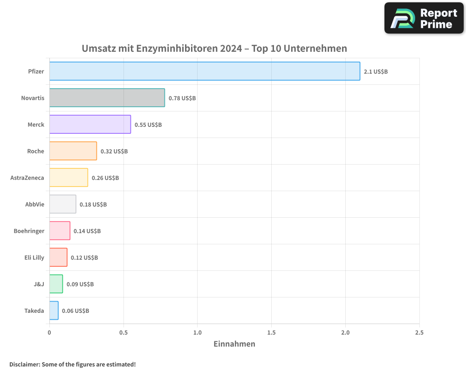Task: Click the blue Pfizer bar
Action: (x=205, y=71)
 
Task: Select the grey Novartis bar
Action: (x=107, y=98)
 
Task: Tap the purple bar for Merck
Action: (x=90, y=124)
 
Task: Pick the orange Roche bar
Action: (x=73, y=151)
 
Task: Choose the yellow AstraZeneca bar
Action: (x=69, y=178)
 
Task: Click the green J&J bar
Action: (x=56, y=284)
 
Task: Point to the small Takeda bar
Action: (x=54, y=311)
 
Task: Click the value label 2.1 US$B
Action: (x=376, y=72)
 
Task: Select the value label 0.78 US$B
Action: (x=182, y=98)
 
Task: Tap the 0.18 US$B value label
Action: (x=93, y=205)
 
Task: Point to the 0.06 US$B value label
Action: (x=75, y=311)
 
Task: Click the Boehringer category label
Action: (x=29, y=231)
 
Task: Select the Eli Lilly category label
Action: (x=34, y=258)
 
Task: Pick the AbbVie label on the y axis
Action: (x=34, y=205)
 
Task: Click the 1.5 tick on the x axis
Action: (x=271, y=333)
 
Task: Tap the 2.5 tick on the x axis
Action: (x=419, y=333)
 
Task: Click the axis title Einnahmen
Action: (x=234, y=344)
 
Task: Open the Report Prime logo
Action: (x=424, y=18)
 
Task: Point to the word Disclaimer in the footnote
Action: (x=24, y=364)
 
